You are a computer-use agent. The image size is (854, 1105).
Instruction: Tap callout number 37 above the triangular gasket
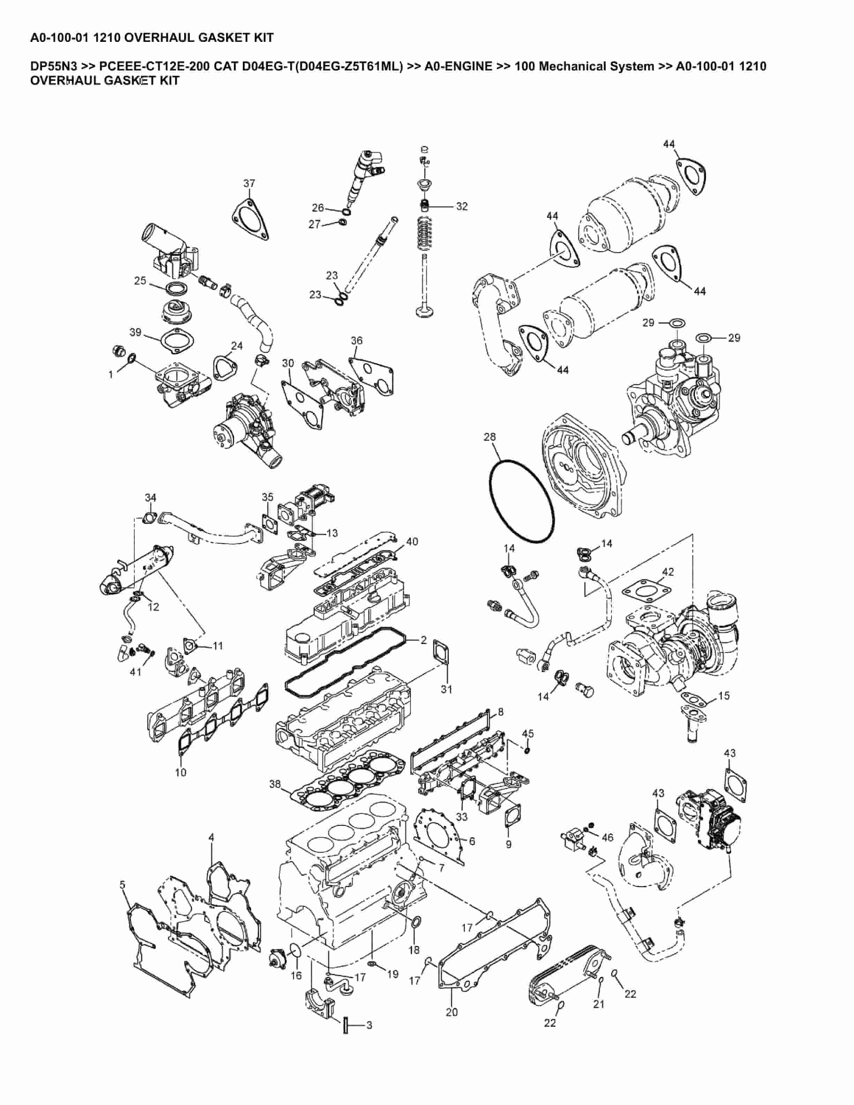(x=249, y=183)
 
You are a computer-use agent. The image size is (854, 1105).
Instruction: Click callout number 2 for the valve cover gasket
(x=424, y=640)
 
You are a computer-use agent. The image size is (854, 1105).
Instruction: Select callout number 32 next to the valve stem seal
(x=462, y=206)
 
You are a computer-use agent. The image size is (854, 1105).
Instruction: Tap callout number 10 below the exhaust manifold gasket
(x=181, y=773)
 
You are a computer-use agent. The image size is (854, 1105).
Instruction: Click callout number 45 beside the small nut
(x=528, y=733)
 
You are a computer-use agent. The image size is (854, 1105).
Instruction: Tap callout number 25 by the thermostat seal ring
(x=140, y=280)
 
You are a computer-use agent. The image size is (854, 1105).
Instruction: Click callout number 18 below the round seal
(x=414, y=950)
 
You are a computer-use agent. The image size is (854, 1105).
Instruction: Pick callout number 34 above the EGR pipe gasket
(x=150, y=497)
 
